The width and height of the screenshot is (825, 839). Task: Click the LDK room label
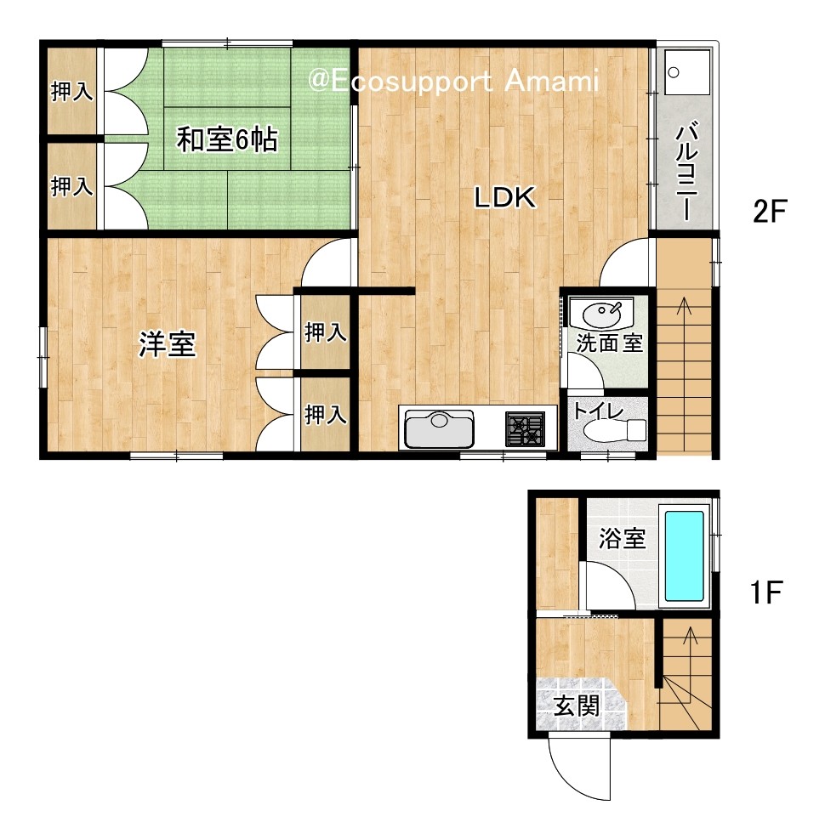coord(505,197)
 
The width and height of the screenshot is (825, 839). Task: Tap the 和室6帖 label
coord(227,139)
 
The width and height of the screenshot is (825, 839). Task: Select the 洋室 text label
coord(168,344)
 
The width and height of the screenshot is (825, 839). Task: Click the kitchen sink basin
coord(439,428)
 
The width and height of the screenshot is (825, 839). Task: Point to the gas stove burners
coord(526,428)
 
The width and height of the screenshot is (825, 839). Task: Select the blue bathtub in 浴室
coord(684,556)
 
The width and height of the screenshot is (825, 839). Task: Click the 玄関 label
coord(576,706)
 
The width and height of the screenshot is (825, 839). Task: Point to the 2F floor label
coord(770,211)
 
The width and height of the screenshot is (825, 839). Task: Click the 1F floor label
coord(766,592)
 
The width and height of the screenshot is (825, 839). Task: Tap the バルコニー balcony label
coord(686,171)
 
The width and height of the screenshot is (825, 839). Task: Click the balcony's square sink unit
coord(686,72)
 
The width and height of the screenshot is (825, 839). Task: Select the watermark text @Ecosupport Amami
coord(453,82)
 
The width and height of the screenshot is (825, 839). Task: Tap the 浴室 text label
coord(622,538)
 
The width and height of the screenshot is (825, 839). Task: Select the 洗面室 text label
coord(610,343)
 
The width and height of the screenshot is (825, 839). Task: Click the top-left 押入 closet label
coord(72,91)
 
